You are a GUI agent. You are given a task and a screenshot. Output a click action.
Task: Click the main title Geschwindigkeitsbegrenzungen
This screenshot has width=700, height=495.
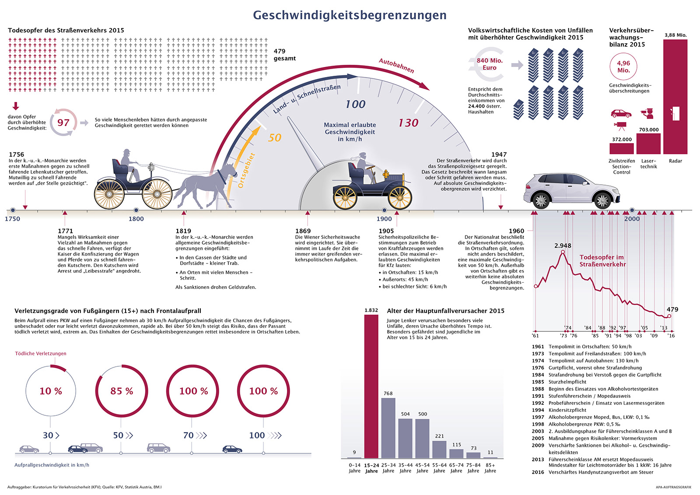[350, 15]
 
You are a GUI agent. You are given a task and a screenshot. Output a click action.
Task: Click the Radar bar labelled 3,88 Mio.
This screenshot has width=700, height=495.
[675, 96]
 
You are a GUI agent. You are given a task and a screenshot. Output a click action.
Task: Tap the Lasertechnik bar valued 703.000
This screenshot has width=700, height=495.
[648, 144]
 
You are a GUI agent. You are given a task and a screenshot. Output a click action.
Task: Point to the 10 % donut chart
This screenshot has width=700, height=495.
[51, 391]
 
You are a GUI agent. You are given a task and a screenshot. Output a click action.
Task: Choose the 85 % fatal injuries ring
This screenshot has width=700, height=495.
[122, 391]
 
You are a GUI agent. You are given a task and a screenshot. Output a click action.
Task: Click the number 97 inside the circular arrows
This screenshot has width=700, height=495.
[63, 123]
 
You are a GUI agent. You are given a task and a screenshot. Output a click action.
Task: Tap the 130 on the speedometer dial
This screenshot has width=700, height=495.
[408, 123]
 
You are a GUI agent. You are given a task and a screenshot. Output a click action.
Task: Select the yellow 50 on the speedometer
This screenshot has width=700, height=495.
[274, 138]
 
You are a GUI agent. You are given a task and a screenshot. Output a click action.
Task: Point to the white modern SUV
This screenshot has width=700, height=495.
[571, 190]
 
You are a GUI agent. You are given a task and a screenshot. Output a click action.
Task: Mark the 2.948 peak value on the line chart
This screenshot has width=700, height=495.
[563, 246]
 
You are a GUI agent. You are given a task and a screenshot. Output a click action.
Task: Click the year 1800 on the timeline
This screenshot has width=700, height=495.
[136, 219]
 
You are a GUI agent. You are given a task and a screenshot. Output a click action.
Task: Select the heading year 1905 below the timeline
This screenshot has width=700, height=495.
[386, 231]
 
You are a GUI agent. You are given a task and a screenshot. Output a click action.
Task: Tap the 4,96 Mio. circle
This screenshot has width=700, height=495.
[623, 67]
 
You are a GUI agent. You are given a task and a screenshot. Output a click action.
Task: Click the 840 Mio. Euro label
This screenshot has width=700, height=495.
[490, 64]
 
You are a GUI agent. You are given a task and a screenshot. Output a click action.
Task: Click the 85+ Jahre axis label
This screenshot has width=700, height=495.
[490, 468]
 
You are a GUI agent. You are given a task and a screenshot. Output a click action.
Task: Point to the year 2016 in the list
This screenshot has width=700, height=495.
[538, 472]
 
